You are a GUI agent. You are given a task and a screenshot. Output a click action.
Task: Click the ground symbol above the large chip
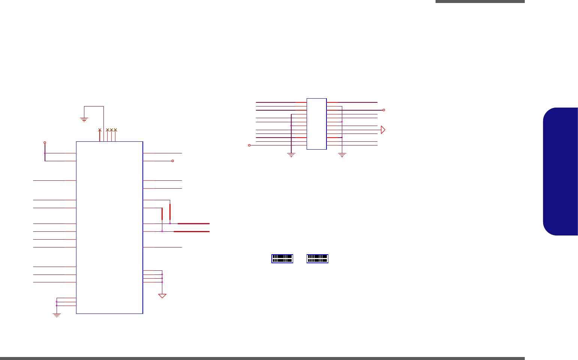[84, 120]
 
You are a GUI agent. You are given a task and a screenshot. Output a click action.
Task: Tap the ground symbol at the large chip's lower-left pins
[57, 315]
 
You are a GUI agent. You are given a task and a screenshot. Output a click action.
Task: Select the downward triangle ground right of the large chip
[162, 296]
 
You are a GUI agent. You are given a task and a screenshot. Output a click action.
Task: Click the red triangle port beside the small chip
[383, 130]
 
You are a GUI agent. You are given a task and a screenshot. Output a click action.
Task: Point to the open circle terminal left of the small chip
[249, 145]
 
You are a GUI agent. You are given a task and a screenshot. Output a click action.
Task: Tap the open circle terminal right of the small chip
[383, 110]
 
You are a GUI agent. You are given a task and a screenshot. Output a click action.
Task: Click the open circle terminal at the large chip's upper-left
[45, 142]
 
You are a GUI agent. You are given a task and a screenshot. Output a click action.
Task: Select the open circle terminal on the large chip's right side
[172, 161]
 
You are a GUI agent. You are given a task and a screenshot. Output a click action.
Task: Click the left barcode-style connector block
[282, 258]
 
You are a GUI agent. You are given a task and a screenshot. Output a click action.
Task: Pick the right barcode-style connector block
[317, 258]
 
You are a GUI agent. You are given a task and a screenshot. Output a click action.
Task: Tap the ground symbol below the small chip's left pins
[291, 154]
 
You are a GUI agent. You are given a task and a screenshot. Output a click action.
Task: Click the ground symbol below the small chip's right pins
[341, 154]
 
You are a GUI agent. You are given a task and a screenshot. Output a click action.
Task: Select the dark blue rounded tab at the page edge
[560, 171]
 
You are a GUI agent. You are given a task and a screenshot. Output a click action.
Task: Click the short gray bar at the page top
[480, 1]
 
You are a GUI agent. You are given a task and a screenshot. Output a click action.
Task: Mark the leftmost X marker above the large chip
[99, 130]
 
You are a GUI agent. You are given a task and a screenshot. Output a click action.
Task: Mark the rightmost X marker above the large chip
[115, 130]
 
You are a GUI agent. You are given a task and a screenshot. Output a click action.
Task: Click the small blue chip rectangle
[316, 124]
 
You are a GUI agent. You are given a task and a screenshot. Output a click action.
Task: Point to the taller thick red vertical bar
[170, 212]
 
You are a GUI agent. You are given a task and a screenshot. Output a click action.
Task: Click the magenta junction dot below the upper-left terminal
[45, 153]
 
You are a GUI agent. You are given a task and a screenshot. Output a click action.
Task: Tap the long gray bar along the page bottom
[262, 358]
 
